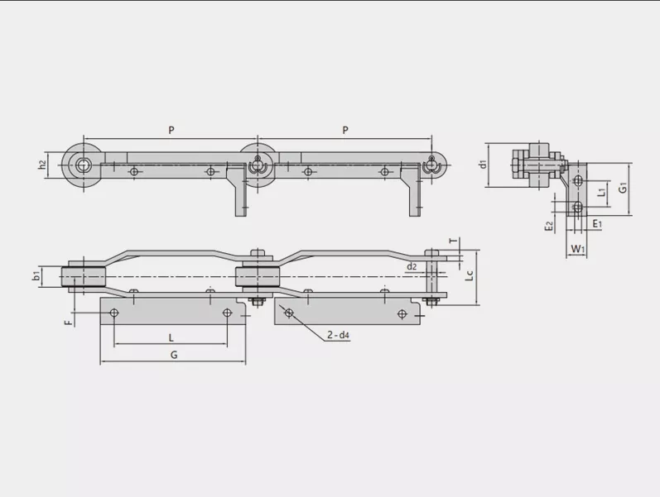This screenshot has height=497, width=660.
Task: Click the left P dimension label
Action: tap(171, 131)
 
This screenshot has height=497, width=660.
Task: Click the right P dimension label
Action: tap(345, 131)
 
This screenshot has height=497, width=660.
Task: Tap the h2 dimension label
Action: tap(42, 165)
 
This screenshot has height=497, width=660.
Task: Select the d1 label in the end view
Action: tap(484, 164)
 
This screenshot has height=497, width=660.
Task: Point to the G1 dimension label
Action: tap(623, 188)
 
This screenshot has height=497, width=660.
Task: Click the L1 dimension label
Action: tap(602, 192)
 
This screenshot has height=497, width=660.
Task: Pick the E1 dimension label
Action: tap(597, 224)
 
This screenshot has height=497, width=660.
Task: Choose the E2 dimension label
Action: tap(548, 227)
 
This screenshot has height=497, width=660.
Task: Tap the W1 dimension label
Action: tap(577, 249)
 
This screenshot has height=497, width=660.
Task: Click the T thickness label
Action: tap(453, 241)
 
